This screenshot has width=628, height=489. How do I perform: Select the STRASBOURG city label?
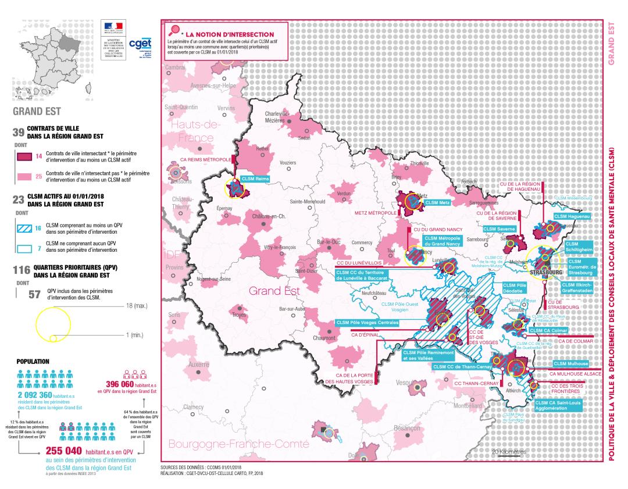pyautogui.click(x=546, y=272)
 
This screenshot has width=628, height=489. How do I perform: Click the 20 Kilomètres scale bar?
pyautogui.click(x=509, y=452)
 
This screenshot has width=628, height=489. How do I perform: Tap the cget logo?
pyautogui.click(x=140, y=44)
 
